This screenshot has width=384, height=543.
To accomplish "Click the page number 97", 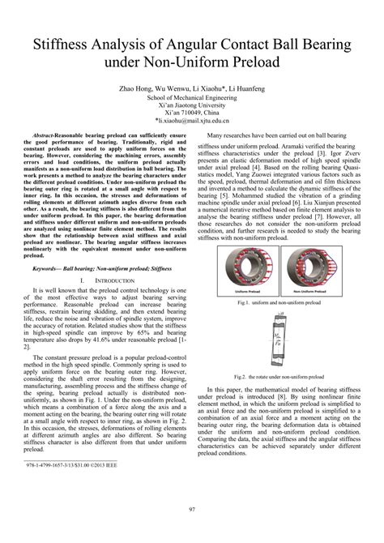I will [192, 509].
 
